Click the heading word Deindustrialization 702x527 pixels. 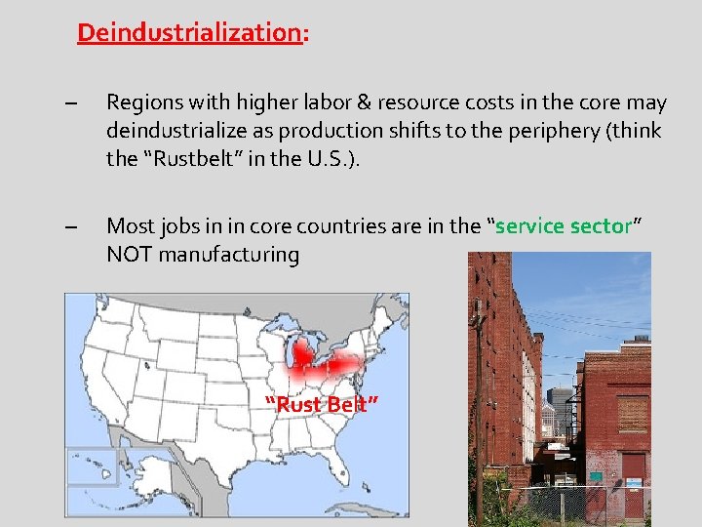(189, 32)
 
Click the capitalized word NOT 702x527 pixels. (129, 254)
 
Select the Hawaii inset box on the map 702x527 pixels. (92, 466)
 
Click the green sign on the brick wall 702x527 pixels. (596, 475)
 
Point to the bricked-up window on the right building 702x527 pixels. (632, 413)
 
